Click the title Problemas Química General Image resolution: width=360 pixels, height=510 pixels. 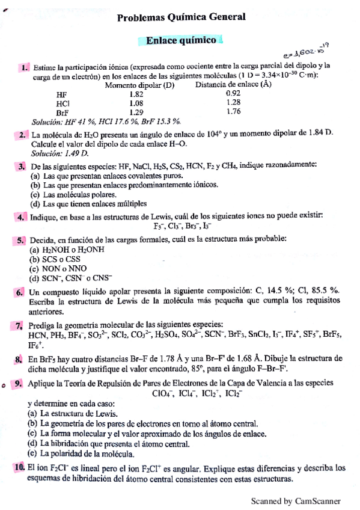(181, 17)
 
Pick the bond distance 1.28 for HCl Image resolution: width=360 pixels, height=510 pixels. (234, 103)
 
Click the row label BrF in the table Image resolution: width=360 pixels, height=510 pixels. (62, 112)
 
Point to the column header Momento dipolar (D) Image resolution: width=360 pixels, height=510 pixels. (139, 85)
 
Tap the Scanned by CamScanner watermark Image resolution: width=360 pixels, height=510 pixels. (295, 501)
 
